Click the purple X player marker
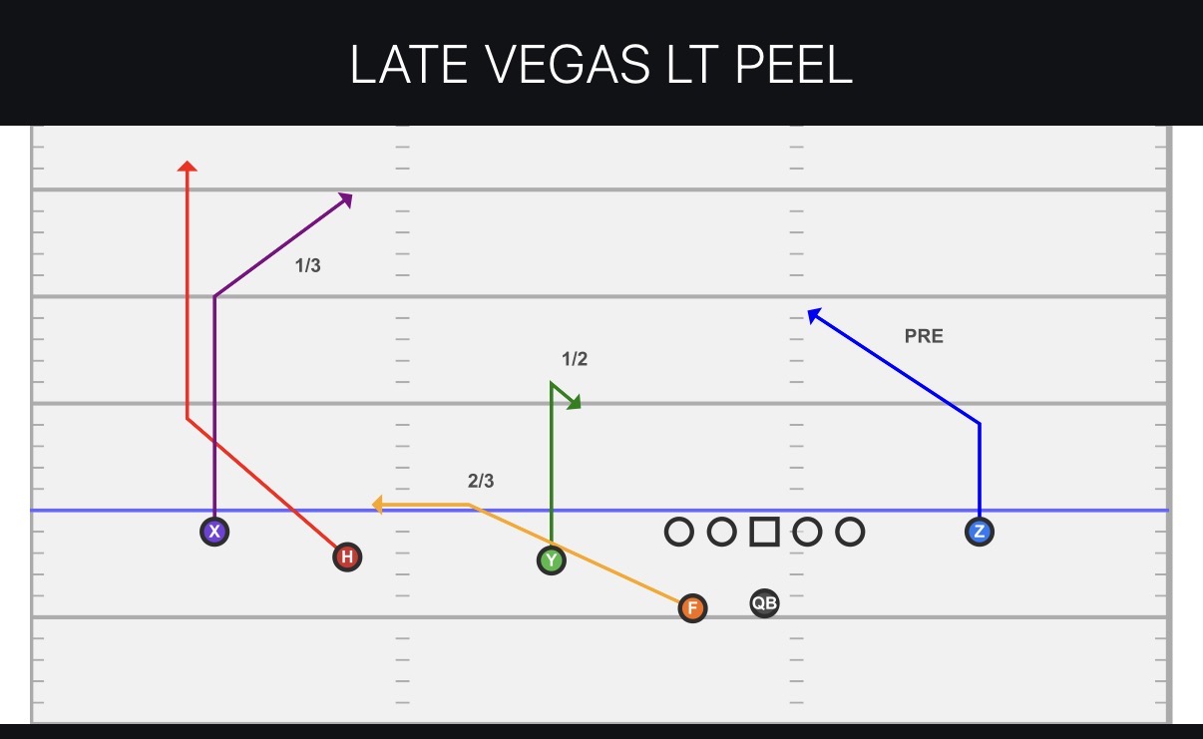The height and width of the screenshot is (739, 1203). [214, 532]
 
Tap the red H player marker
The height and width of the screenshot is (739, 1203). [347, 556]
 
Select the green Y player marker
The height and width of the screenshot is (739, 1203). [551, 560]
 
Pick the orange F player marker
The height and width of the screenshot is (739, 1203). [692, 608]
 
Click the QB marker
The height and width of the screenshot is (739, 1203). [764, 603]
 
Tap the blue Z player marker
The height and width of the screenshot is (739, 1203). [979, 532]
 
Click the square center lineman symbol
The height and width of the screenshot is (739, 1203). [764, 532]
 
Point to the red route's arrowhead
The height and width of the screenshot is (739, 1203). [187, 166]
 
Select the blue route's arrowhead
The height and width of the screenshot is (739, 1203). [814, 315]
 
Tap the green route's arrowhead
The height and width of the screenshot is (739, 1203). [575, 402]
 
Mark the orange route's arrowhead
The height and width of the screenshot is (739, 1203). [377, 505]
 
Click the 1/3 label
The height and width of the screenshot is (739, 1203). [307, 265]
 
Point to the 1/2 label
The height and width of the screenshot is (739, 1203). [575, 359]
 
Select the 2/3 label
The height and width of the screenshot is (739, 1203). [481, 481]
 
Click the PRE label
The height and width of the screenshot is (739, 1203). [924, 336]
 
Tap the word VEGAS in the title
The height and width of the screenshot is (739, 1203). [568, 65]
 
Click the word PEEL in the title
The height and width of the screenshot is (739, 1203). [794, 65]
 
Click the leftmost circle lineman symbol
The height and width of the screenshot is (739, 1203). [679, 532]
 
